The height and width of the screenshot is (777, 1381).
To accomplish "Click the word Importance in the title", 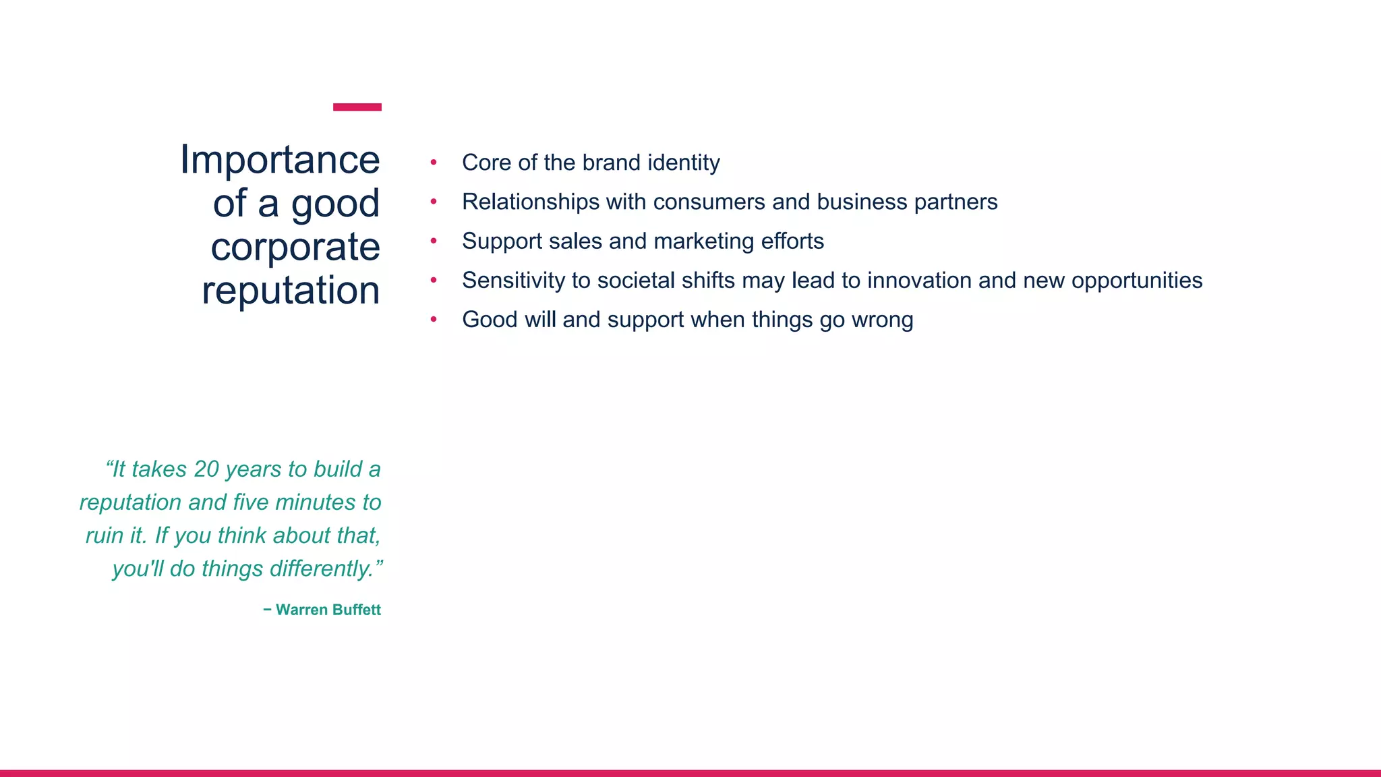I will click(x=280, y=161).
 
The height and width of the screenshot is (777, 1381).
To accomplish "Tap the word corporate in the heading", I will click(x=295, y=247).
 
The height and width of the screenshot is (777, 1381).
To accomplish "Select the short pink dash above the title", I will click(x=357, y=107).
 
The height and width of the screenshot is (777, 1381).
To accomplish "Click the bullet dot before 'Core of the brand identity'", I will click(x=434, y=163).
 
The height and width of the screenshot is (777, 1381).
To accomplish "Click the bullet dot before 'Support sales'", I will click(x=434, y=241).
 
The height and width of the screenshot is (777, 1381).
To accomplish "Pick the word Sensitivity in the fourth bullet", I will click(x=513, y=280).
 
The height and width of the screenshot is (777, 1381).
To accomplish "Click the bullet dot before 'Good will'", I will click(x=434, y=320).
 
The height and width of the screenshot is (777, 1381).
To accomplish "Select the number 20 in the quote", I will click(x=206, y=469).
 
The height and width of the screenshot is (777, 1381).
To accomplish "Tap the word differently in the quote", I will click(x=321, y=569).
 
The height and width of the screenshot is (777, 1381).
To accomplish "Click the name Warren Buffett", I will click(x=328, y=610).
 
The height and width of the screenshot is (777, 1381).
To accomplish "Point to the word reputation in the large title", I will click(x=291, y=291).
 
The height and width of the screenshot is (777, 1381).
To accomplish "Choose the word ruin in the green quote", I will click(x=105, y=536).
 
